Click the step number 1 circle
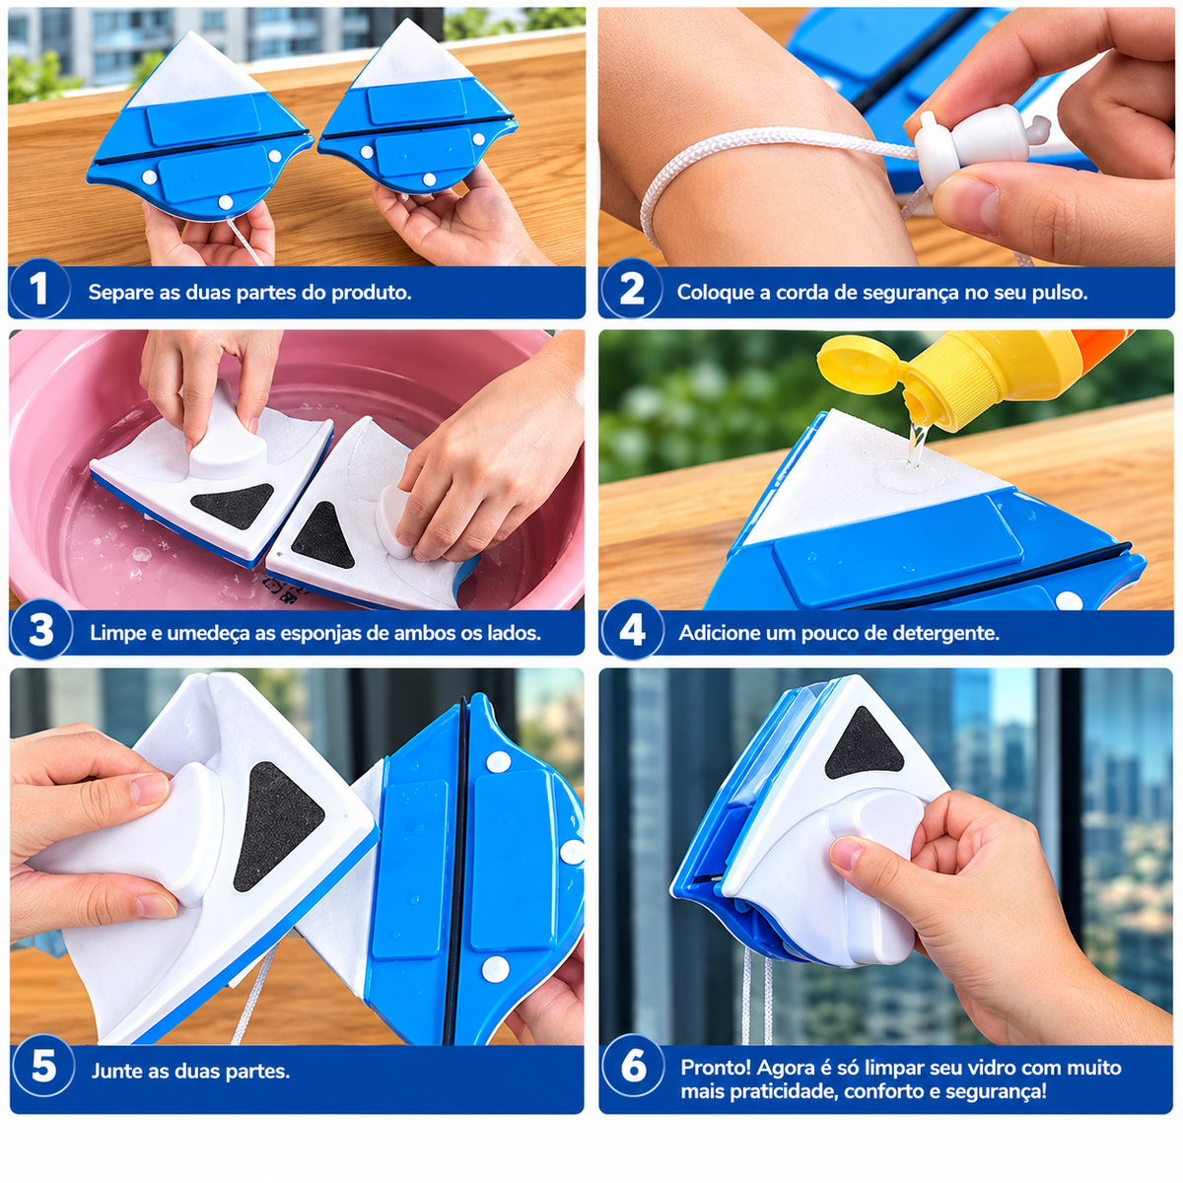pyautogui.click(x=39, y=289)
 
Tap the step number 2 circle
pyautogui.click(x=632, y=289)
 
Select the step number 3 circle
pyautogui.click(x=41, y=630)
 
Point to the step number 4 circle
pyautogui.click(x=632, y=630)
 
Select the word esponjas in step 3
pyautogui.click(x=338, y=634)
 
